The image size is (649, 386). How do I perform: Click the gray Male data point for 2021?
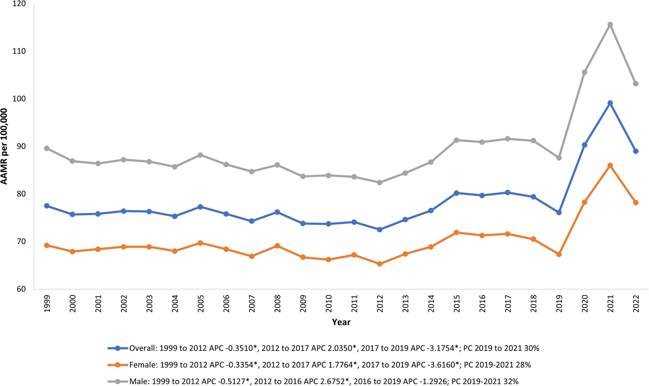[x=610, y=25]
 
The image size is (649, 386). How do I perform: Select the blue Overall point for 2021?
[x=610, y=103]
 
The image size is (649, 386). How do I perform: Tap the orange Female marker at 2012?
[x=379, y=264]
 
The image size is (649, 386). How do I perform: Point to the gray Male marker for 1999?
[x=47, y=148]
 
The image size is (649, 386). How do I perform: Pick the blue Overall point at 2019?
[x=559, y=212]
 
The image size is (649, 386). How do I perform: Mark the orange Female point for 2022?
[x=636, y=203]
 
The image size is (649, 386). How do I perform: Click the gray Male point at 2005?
[x=201, y=155]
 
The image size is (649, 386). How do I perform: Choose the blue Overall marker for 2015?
[x=456, y=193]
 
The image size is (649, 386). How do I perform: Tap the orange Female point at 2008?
[x=277, y=246]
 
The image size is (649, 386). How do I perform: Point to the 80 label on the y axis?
[x=20, y=194]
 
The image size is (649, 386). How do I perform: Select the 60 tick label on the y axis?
[x=20, y=289]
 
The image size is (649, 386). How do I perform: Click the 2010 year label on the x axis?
[x=329, y=304]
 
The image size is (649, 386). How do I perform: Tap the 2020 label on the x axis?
[x=585, y=304]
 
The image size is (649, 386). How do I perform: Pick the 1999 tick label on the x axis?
[x=47, y=304]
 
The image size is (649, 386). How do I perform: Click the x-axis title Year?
[x=341, y=322]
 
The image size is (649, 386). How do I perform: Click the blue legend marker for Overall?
[x=117, y=348]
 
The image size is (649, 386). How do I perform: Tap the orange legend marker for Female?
[x=117, y=365]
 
